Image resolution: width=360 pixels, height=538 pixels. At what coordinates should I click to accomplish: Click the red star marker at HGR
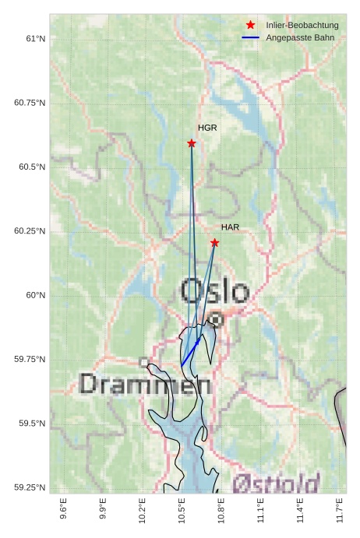[x=192, y=143]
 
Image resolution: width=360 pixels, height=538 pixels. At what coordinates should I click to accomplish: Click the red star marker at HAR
[x=214, y=243]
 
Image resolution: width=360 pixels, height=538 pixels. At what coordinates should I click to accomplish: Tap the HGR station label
[x=207, y=127]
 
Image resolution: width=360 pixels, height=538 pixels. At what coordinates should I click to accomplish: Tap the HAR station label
[x=230, y=227]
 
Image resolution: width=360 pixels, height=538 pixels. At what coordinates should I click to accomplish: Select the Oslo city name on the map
[x=215, y=292]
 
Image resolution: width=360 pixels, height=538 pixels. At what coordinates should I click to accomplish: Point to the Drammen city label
[x=145, y=384]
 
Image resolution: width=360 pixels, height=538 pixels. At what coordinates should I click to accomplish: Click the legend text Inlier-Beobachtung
[x=302, y=26]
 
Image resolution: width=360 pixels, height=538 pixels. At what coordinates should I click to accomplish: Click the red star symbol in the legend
[x=250, y=26]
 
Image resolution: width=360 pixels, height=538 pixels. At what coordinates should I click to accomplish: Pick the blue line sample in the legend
[x=250, y=37]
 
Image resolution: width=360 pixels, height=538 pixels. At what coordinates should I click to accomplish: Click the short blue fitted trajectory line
[x=191, y=352]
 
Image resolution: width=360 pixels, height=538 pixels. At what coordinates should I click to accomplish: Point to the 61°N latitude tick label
[x=34, y=38]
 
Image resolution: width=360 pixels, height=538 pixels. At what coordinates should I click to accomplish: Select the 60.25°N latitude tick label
[x=30, y=231]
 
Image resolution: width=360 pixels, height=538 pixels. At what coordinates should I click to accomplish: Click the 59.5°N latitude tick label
[x=32, y=424]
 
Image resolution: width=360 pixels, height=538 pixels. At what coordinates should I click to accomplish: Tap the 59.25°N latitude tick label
[x=30, y=487]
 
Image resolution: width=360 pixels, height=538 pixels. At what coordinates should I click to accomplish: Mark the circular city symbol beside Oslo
[x=216, y=318]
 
